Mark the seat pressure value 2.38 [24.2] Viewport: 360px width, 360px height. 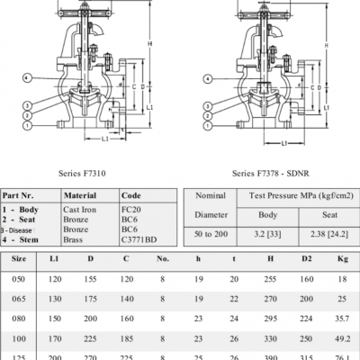point(319,233)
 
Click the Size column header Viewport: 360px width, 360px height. point(18,259)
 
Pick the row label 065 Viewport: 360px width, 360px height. point(18,298)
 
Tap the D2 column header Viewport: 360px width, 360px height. point(306,259)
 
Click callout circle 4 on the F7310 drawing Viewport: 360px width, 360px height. point(29,78)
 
